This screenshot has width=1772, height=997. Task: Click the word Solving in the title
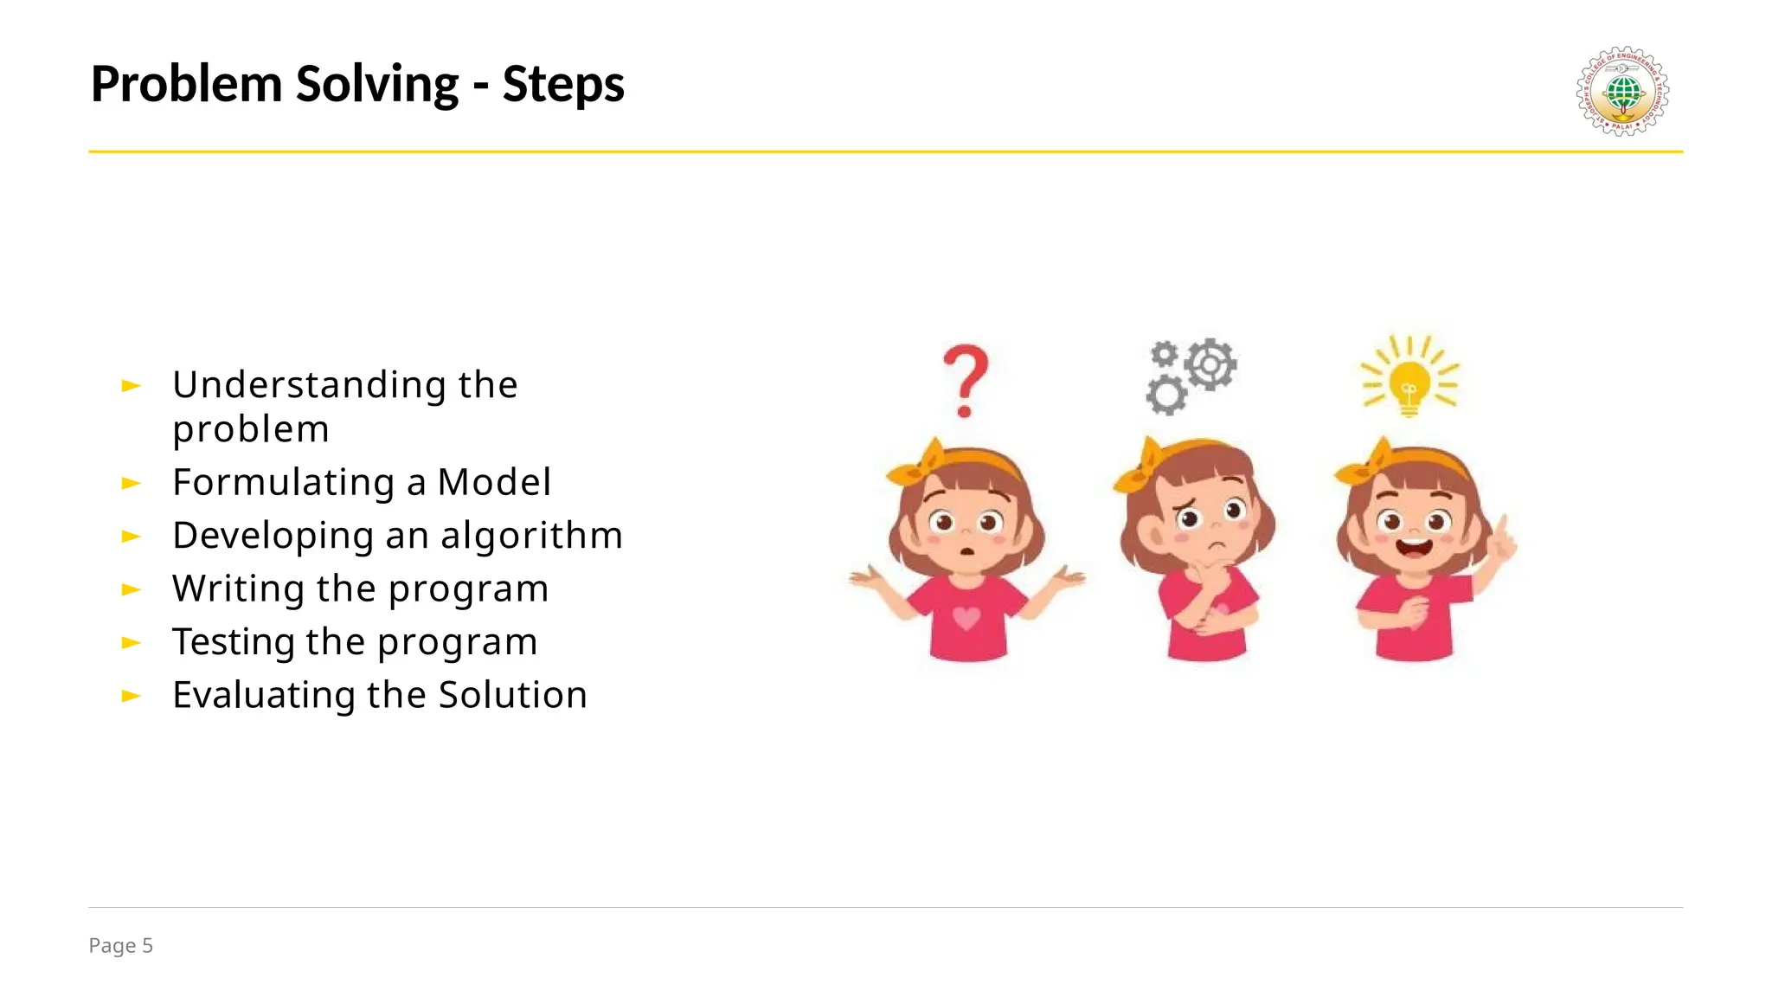(x=376, y=85)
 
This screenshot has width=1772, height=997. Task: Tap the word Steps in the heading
(x=562, y=85)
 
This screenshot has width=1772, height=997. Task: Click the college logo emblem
(x=1622, y=91)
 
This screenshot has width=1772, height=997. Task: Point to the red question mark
(x=966, y=379)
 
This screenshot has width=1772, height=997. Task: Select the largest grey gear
(x=1210, y=363)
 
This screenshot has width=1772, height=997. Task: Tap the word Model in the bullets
(x=494, y=482)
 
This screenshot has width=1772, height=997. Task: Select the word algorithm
(x=531, y=536)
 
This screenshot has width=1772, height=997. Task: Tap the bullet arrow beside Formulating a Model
(x=131, y=483)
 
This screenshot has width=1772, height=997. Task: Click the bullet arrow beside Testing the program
(x=131, y=642)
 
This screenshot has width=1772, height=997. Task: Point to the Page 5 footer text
(x=120, y=945)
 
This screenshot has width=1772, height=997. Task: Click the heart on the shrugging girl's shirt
(x=966, y=617)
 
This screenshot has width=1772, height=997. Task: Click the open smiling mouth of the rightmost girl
(x=1415, y=548)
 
